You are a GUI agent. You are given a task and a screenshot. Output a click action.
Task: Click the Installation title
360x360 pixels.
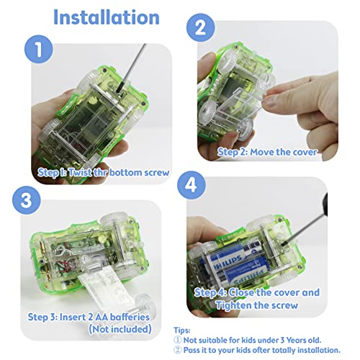pos(107,17)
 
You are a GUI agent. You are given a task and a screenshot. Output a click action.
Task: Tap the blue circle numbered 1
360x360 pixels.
pos(39,49)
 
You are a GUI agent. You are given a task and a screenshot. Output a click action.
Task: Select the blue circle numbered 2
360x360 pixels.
pos(201,27)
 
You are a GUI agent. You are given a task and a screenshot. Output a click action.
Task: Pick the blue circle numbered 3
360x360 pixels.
pos(27,200)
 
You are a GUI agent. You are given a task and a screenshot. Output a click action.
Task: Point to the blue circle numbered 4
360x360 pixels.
pos(192,185)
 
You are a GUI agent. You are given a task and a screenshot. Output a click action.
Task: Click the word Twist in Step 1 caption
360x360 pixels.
pos(80,172)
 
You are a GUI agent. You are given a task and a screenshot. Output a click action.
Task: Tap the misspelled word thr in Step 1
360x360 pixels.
pos(100,172)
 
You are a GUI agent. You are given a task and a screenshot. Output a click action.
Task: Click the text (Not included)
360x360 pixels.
pos(120,329)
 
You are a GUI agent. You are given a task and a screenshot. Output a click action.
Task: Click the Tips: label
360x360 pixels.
pos(182,330)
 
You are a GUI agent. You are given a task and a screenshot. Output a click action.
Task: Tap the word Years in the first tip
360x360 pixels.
pos(296,340)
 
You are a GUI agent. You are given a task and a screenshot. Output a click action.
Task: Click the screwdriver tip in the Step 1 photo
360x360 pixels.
pos(119,91)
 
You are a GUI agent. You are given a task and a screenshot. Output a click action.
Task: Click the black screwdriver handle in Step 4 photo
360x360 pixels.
pos(324,204)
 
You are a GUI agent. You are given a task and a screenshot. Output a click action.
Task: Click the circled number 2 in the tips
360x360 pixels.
pos(178,350)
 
